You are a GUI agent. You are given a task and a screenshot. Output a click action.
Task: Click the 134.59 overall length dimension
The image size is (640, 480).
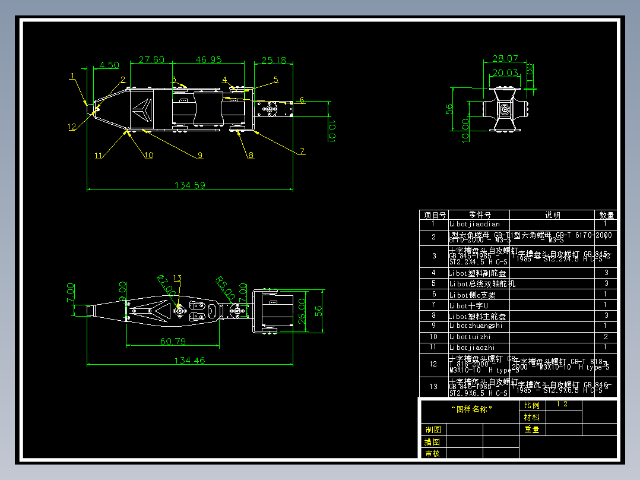click(190, 185)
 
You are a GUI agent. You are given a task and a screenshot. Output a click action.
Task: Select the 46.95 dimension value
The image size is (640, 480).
click(208, 60)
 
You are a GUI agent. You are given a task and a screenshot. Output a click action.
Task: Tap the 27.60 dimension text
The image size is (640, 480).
click(151, 60)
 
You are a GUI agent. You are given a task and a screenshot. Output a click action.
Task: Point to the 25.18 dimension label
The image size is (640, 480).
click(274, 60)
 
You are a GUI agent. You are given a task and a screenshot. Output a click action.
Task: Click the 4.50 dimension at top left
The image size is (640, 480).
click(109, 65)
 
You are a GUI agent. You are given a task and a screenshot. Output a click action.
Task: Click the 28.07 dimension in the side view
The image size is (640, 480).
click(505, 59)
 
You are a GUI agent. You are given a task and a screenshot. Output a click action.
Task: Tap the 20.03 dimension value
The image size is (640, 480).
click(505, 73)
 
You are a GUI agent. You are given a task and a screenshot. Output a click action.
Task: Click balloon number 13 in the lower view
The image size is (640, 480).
click(177, 278)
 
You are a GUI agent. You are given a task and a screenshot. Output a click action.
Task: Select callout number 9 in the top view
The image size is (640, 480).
click(200, 155)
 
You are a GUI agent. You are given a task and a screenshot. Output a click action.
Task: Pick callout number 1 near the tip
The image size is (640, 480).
click(72, 76)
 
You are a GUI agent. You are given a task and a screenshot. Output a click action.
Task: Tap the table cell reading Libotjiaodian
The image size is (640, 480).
click(474, 225)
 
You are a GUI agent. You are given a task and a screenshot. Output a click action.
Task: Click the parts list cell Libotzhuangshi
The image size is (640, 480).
click(476, 326)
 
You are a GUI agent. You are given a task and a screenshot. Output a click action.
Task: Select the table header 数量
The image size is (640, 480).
click(606, 215)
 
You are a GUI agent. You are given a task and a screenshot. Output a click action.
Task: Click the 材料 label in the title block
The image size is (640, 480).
click(532, 417)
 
